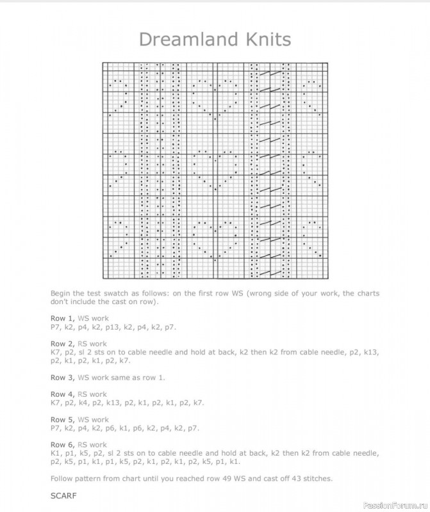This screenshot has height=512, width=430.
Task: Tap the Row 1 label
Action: pyautogui.click(x=63, y=318)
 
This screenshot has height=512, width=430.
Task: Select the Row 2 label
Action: pyautogui.click(x=63, y=344)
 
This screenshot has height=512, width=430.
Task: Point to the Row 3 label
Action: pyautogui.click(x=63, y=377)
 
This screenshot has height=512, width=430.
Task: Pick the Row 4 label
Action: pyautogui.click(x=63, y=394)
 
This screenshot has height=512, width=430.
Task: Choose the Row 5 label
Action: pyautogui.click(x=63, y=419)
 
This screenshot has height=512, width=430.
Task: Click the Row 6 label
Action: pyautogui.click(x=63, y=444)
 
